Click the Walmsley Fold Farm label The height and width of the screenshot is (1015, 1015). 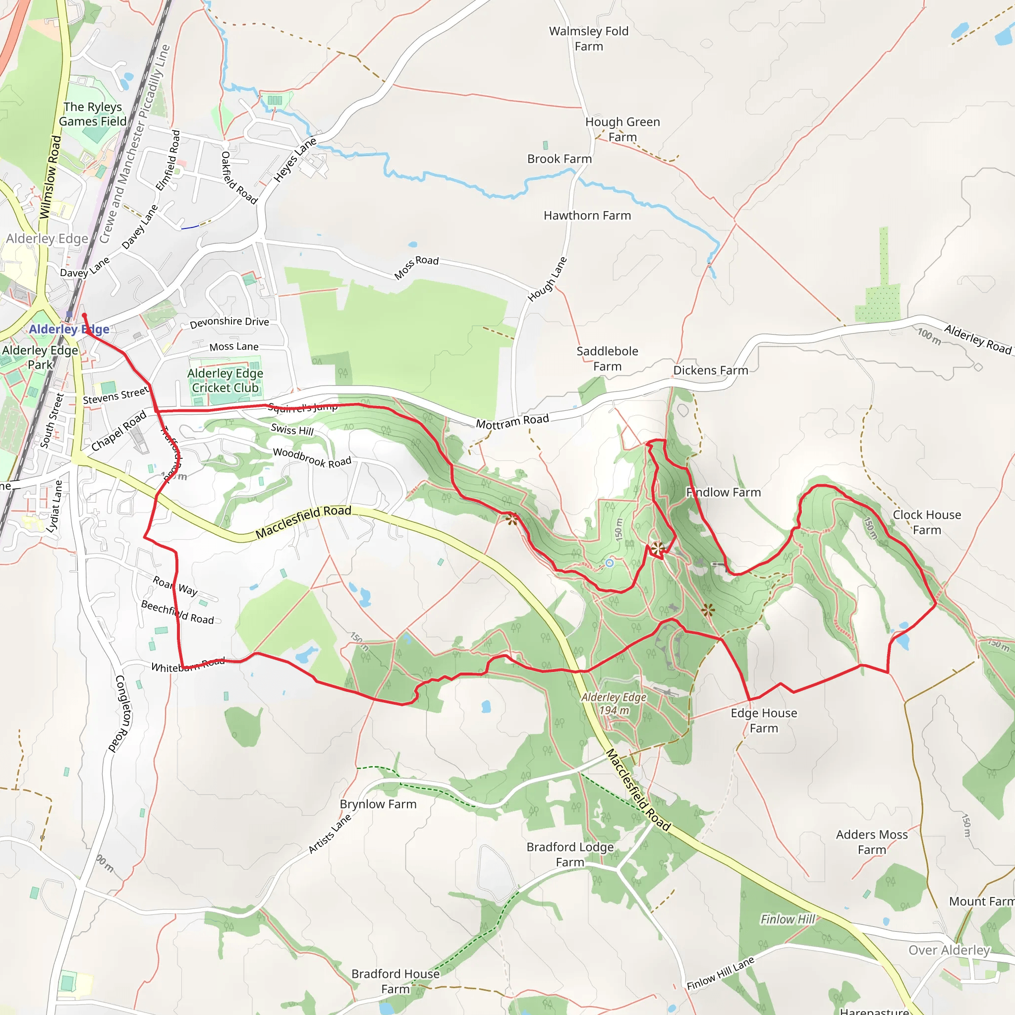click(x=588, y=39)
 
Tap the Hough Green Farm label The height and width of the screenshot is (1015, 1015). click(x=622, y=129)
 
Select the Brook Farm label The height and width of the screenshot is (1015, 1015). click(x=560, y=159)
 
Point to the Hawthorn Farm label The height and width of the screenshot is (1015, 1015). click(x=587, y=216)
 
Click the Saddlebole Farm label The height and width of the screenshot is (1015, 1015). click(x=607, y=359)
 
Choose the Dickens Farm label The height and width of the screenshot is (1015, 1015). click(x=711, y=370)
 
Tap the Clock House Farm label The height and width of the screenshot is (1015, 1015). click(x=927, y=522)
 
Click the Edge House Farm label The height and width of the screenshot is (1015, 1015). click(x=764, y=720)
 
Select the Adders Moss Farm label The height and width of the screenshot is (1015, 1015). click(x=872, y=842)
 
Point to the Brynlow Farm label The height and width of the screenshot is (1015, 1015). click(x=378, y=804)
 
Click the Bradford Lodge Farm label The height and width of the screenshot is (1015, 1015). click(x=570, y=854)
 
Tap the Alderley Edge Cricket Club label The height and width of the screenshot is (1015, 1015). click(x=226, y=380)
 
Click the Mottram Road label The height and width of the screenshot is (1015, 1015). click(x=512, y=421)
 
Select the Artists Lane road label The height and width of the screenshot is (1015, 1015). click(x=330, y=833)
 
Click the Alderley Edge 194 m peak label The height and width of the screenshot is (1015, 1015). click(x=614, y=703)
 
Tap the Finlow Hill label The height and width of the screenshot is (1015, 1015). click(x=788, y=919)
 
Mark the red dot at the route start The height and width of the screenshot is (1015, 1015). click(x=84, y=315)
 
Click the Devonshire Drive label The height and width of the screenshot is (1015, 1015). click(x=229, y=322)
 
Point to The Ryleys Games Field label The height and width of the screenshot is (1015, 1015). click(x=93, y=114)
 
